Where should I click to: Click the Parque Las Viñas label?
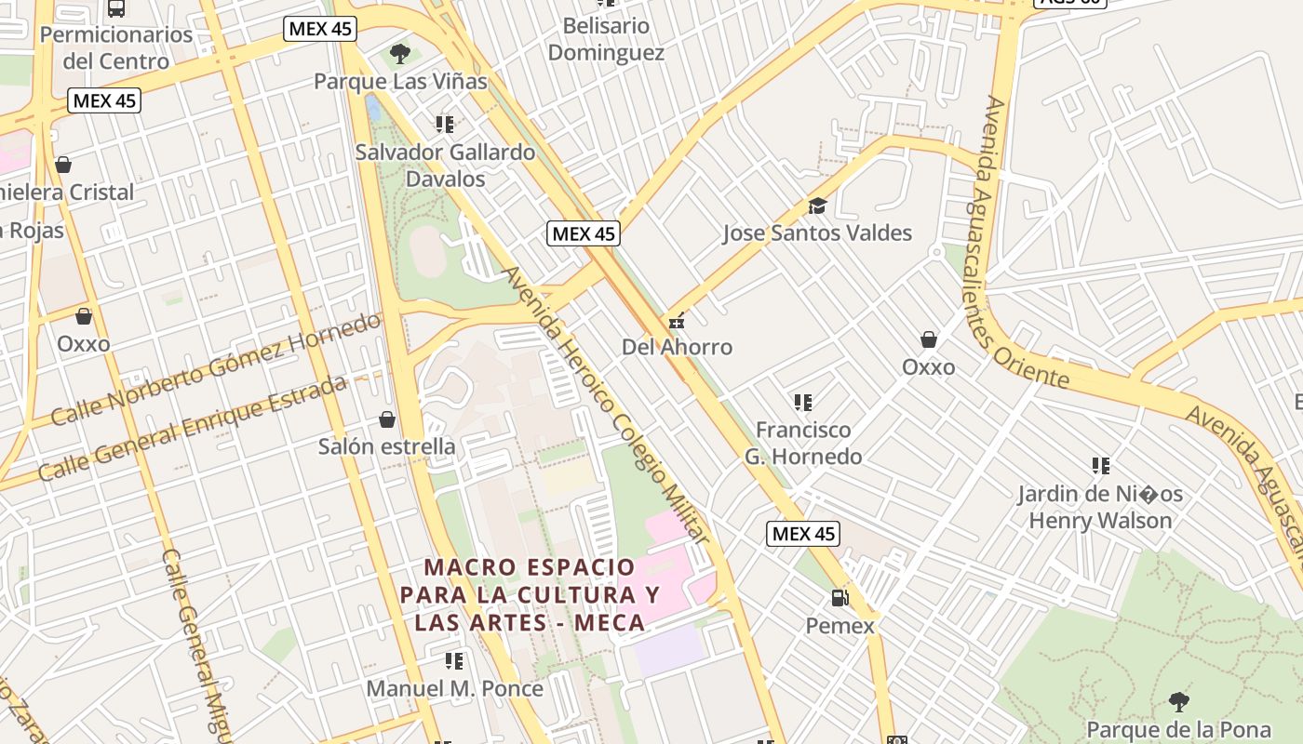pos(400,82)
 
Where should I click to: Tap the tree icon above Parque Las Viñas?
pos(400,54)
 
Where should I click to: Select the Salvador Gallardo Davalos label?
pos(445,165)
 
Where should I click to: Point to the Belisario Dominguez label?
pos(606,39)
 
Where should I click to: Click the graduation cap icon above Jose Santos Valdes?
pos(817,206)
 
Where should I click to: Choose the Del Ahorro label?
pos(677,348)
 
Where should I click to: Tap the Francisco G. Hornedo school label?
pos(803,443)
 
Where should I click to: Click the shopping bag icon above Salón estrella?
pos(387,420)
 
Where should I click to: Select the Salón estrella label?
pos(387,446)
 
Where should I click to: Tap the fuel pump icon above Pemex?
pos(840,598)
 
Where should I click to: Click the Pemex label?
pos(840,626)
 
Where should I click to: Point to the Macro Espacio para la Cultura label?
pos(530,594)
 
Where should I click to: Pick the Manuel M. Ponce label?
pos(454,689)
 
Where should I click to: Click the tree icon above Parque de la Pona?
pos(1178,701)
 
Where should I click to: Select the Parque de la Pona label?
pos(1178,729)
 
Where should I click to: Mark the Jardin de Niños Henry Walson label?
pos(1100,507)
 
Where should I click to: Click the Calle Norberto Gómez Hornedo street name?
pos(216,369)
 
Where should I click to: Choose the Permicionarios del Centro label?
pos(116,48)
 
